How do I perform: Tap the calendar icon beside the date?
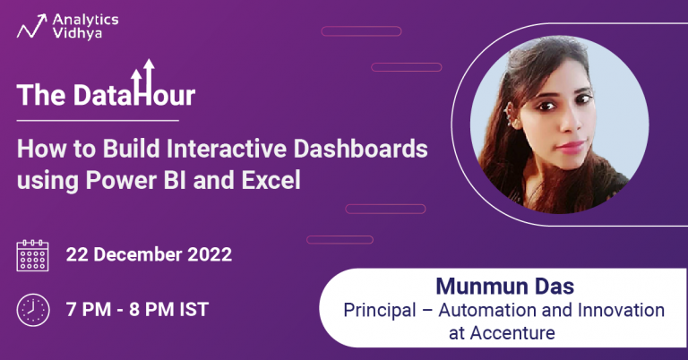click(33, 255)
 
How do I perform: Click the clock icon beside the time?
click(33, 310)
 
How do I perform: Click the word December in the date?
click(134, 254)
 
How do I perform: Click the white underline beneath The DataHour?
click(98, 119)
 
